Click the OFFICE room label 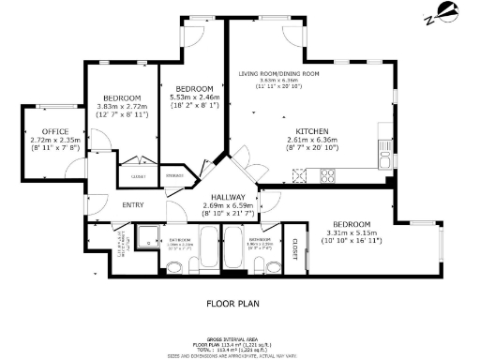pos(40,131)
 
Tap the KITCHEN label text pos(311,130)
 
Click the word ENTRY pos(133,205)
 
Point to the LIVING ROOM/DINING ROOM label pos(278,73)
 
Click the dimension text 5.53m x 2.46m pos(194,97)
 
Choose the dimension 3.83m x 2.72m pos(122,106)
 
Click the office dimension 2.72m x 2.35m pos(40,141)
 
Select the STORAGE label pos(174,174)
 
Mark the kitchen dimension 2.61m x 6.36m pos(311,140)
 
